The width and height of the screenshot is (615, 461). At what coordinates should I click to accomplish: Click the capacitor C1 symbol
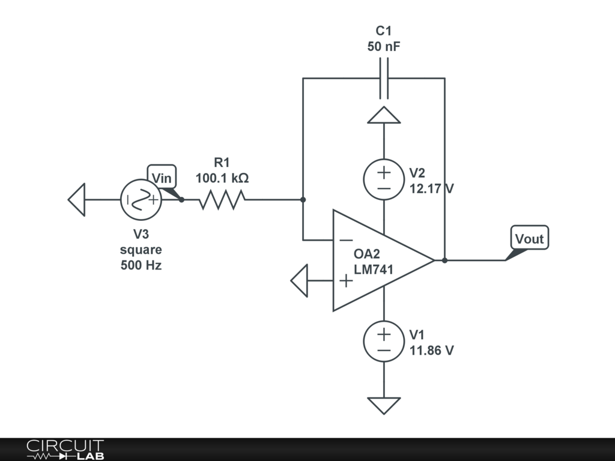pyautogui.click(x=384, y=79)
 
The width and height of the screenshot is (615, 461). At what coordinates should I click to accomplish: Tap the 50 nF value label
pyautogui.click(x=383, y=46)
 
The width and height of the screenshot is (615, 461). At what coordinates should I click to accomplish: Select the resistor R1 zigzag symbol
pyautogui.click(x=222, y=200)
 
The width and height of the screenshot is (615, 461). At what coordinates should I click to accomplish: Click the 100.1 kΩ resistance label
pyautogui.click(x=222, y=178)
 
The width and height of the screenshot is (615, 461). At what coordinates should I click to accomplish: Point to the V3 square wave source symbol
pyautogui.click(x=141, y=200)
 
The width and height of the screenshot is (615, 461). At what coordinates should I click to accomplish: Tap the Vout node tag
pyautogui.click(x=529, y=238)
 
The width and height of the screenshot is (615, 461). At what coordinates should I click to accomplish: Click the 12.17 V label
pyautogui.click(x=431, y=188)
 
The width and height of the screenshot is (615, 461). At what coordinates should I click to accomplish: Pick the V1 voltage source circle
pyautogui.click(x=384, y=341)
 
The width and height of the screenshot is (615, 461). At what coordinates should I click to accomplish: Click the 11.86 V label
pyautogui.click(x=431, y=350)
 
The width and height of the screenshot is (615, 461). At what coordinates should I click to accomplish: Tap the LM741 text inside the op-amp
pyautogui.click(x=374, y=270)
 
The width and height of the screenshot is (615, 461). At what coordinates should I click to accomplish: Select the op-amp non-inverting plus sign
pyautogui.click(x=346, y=280)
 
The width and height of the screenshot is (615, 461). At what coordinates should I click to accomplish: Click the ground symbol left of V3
pyautogui.click(x=77, y=200)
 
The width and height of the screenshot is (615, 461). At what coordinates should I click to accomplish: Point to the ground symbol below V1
pyautogui.click(x=384, y=405)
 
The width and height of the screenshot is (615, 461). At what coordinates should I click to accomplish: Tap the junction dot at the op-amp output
pyautogui.click(x=444, y=261)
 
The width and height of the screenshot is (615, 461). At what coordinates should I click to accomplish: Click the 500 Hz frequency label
pyautogui.click(x=141, y=265)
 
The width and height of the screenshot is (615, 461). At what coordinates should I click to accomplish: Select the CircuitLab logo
pyautogui.click(x=65, y=449)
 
